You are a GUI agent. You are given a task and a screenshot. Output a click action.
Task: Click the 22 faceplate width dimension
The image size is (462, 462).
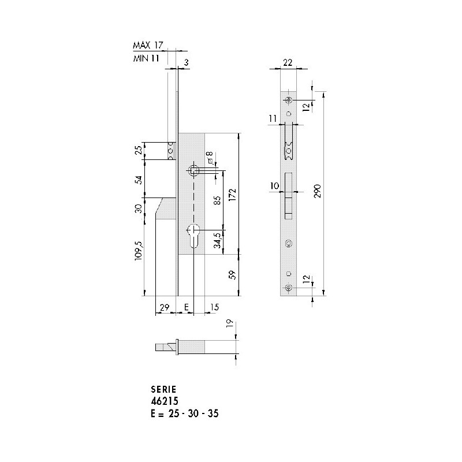[x=288, y=63]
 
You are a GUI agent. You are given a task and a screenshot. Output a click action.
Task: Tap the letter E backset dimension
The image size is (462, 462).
[x=186, y=307]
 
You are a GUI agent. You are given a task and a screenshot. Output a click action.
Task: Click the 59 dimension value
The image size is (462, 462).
[x=232, y=275]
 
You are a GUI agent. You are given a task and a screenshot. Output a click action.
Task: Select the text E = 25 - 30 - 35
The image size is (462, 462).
[x=174, y=414]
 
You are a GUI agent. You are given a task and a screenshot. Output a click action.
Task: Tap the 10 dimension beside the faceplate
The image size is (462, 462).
[x=274, y=185]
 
